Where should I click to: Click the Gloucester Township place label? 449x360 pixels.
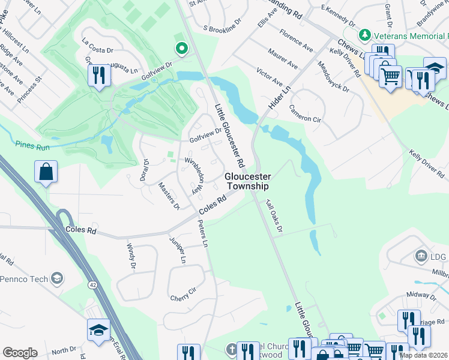(248, 181)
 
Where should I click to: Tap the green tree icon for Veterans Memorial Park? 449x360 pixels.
(364, 35)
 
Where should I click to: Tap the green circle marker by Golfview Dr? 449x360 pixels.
(180, 48)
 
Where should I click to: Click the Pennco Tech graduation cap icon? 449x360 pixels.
(57, 278)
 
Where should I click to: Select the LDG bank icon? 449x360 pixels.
(421, 256)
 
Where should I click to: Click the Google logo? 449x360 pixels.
(20, 353)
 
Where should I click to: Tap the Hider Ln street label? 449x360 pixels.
(280, 96)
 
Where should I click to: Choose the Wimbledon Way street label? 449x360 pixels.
(195, 175)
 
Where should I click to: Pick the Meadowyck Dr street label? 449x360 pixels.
(334, 77)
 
